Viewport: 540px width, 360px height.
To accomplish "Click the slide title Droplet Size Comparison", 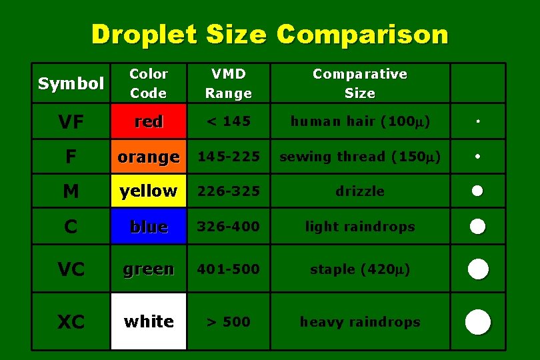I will tap(269, 34).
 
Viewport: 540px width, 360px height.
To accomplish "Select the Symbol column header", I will tap(71, 83).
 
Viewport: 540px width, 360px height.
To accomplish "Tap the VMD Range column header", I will tap(228, 83).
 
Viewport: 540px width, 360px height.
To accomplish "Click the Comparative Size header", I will tap(360, 83).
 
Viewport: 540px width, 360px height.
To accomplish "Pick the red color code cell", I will tap(148, 121).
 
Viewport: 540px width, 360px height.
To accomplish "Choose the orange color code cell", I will tap(148, 157).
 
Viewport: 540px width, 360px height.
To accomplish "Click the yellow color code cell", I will tap(148, 191).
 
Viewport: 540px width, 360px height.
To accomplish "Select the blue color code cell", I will tap(148, 227).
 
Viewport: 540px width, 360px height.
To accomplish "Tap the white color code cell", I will tap(148, 321).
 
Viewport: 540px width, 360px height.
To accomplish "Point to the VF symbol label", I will tap(71, 122).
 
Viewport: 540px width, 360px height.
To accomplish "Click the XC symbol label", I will tap(71, 323).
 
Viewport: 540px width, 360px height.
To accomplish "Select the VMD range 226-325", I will tap(228, 191).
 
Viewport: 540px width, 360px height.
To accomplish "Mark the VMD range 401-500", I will tap(228, 269).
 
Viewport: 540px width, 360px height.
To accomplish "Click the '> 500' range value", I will tap(228, 322).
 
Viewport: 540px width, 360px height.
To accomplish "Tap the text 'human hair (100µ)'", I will tap(360, 121).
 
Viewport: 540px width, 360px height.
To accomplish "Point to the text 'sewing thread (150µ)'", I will tap(360, 157).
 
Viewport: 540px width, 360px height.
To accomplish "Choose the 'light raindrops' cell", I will tap(360, 227).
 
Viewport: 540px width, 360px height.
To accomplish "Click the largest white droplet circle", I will tap(478, 322).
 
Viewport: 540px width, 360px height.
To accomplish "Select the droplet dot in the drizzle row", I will tap(477, 191).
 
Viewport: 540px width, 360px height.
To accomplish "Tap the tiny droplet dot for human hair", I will tap(477, 122).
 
